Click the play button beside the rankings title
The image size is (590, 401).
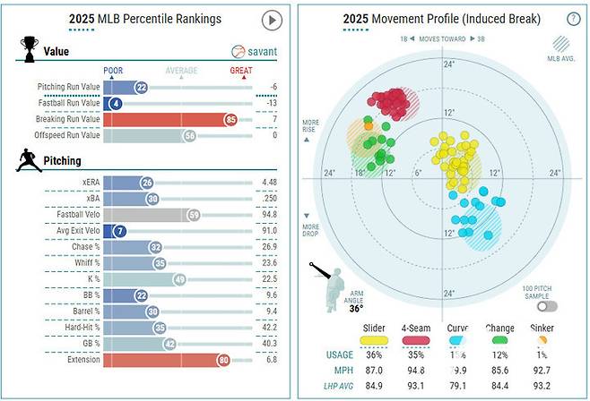click(272, 20)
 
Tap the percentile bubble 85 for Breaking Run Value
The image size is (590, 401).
click(232, 119)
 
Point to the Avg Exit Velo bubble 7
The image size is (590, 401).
click(119, 231)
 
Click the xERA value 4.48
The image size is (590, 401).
click(267, 183)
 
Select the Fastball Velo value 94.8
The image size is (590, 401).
click(267, 215)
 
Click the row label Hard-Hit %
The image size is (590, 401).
click(75, 328)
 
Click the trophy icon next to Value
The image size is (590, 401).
click(28, 49)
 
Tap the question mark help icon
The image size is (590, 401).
click(573, 19)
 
